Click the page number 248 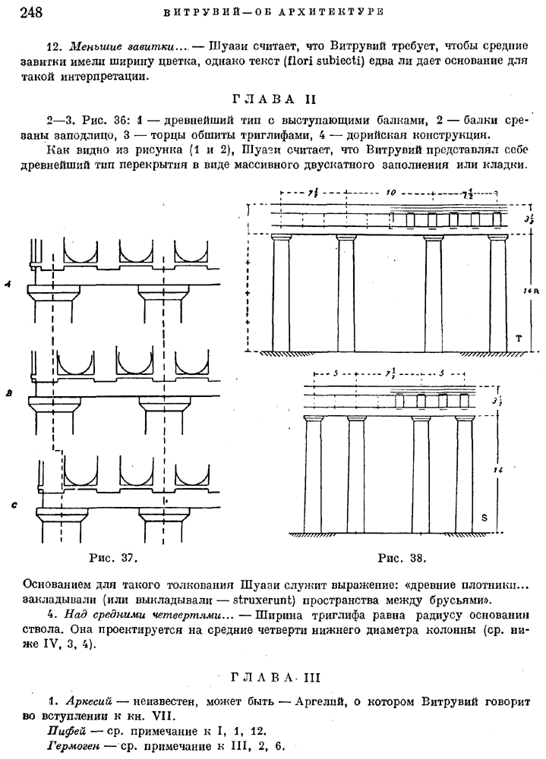point(22,11)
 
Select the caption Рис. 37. point(113,559)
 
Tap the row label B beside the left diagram point(8,393)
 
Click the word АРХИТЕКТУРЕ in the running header point(336,12)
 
